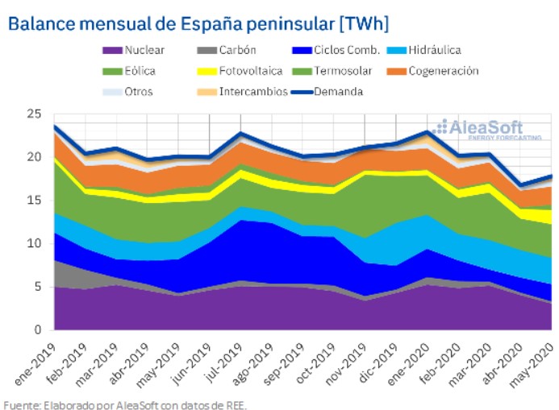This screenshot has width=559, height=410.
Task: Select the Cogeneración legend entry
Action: click(443, 71)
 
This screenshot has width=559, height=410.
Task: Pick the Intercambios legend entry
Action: click(251, 92)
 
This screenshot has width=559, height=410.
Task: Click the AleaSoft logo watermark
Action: click(480, 129)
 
